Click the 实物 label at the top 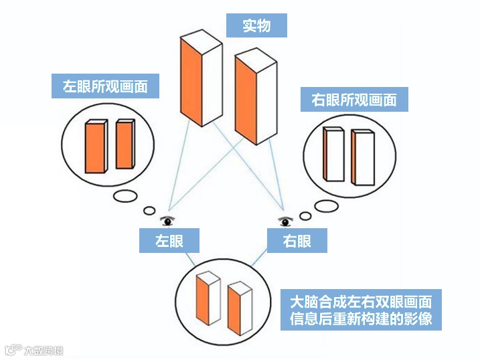(256, 25)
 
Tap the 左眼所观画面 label (105, 86)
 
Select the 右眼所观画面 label (354, 100)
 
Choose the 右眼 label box (297, 241)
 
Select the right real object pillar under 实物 (254, 97)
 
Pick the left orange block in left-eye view (96, 147)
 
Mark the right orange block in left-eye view (125, 144)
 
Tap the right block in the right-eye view (362, 158)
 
